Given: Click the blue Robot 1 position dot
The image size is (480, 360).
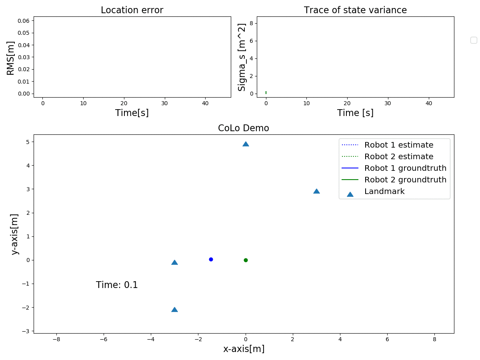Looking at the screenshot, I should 211,259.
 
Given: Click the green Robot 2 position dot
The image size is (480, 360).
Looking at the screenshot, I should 246,260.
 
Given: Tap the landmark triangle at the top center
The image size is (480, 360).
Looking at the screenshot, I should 246,144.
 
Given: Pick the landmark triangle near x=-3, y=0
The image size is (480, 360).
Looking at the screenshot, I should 174,262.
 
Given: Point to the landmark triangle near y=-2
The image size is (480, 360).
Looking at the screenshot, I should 174,310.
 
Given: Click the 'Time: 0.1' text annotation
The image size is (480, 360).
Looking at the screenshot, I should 117,285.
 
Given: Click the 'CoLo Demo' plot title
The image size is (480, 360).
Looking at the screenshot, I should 243,128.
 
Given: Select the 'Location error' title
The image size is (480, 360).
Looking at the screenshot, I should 132,10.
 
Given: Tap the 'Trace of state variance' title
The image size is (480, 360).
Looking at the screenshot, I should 355,10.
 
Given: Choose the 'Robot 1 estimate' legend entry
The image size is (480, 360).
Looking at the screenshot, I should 398,145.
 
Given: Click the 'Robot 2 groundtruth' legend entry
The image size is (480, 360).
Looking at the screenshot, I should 405,180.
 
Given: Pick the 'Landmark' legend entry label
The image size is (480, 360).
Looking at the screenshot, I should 384,192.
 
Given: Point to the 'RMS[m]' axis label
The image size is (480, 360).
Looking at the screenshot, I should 11,58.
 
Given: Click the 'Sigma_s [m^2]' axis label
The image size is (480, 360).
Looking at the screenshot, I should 242,57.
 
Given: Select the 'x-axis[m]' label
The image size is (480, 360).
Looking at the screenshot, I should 244,349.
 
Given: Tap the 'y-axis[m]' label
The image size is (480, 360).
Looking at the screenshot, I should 15,234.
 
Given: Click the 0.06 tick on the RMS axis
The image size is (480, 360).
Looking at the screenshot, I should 24,21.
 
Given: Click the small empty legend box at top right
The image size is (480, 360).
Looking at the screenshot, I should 474,40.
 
